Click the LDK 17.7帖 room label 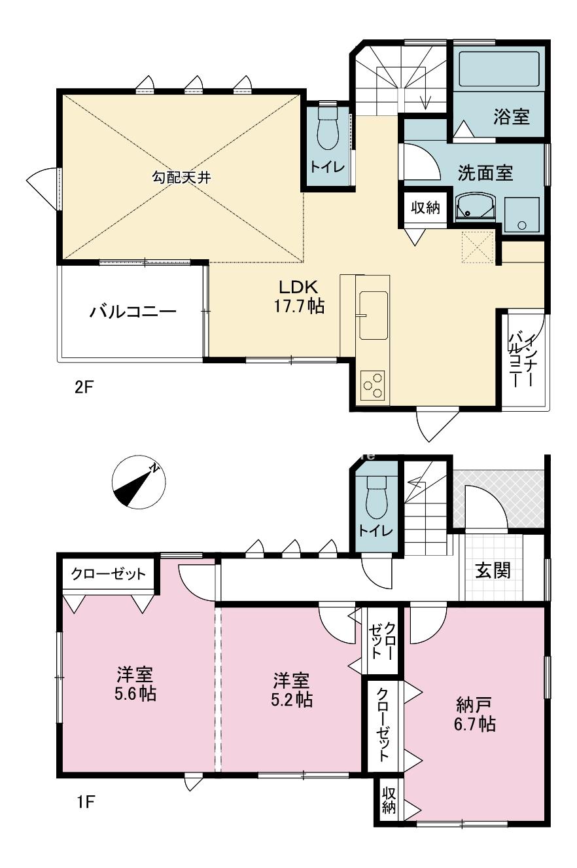(x=299, y=297)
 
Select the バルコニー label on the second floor (x=133, y=312)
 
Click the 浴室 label (x=511, y=117)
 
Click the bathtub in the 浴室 (x=500, y=69)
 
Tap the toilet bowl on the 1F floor (x=376, y=497)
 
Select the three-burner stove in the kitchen (x=372, y=385)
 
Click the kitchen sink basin (x=374, y=316)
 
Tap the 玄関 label (x=493, y=570)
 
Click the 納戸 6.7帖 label (x=474, y=714)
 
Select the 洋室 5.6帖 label (x=135, y=683)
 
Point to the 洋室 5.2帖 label (x=292, y=690)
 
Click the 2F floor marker (x=84, y=387)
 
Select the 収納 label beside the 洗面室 (x=425, y=208)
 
